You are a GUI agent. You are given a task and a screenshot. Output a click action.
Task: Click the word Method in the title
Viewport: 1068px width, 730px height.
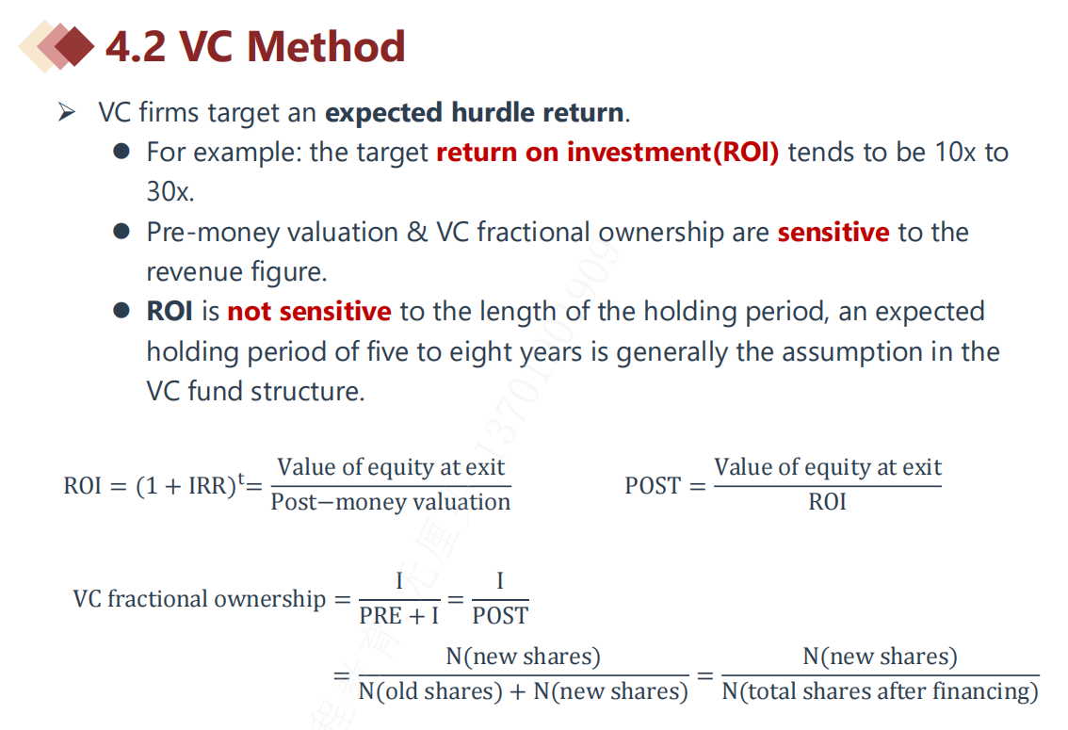(326, 46)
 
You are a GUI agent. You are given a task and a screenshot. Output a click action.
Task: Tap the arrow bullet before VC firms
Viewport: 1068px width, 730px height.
(67, 112)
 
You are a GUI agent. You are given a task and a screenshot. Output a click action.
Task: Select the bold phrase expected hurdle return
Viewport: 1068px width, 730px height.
(474, 112)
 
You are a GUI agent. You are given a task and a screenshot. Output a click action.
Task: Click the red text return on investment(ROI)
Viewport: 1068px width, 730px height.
(607, 152)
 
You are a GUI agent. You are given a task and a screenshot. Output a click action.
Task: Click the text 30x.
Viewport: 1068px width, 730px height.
(170, 192)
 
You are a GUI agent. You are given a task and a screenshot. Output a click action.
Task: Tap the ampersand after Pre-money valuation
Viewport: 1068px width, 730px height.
(417, 233)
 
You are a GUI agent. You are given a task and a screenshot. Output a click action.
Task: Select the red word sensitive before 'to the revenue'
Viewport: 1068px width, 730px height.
(833, 233)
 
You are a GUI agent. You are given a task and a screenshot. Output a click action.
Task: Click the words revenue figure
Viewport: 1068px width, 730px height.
(236, 271)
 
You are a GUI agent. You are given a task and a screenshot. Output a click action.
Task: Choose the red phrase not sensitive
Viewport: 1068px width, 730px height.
(309, 311)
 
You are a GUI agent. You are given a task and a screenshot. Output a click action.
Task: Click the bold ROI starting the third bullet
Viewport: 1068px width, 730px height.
(170, 311)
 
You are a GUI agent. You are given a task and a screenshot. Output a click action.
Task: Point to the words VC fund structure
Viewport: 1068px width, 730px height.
(255, 392)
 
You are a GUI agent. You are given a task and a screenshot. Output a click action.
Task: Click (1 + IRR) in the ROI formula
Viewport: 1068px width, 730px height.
(186, 485)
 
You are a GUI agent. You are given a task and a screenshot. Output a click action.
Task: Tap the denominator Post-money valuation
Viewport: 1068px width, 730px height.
(390, 502)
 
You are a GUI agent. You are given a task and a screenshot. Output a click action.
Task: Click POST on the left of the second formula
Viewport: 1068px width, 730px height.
(653, 485)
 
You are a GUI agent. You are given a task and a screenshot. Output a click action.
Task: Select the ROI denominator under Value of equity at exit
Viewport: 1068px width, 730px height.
(827, 502)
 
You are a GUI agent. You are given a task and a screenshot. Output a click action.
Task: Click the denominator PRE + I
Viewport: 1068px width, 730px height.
(399, 616)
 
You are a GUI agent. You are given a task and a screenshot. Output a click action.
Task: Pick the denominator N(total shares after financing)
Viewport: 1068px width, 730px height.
(880, 691)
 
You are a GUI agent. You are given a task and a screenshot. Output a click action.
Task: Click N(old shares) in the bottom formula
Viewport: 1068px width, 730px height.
(430, 691)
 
